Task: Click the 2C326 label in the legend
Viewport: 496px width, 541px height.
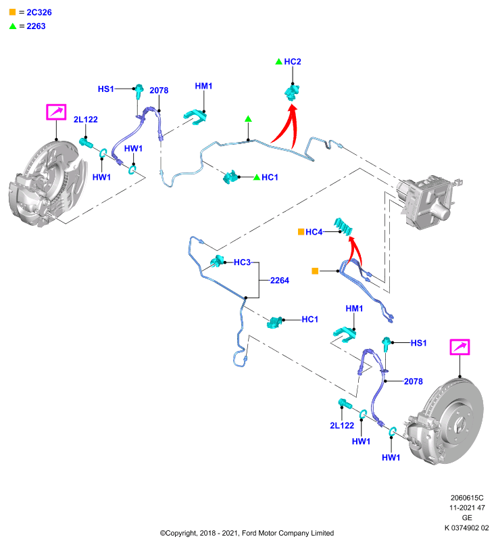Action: tap(39, 12)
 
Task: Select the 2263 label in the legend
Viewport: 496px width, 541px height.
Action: tap(36, 26)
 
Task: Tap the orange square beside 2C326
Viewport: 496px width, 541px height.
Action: tap(12, 12)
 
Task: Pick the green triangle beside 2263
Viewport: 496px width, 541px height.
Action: tap(13, 26)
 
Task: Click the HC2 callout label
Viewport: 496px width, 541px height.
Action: tap(293, 62)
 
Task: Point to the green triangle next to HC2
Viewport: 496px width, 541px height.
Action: tap(279, 62)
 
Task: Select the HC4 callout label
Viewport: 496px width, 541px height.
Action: tap(314, 232)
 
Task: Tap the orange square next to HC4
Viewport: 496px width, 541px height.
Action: tap(301, 231)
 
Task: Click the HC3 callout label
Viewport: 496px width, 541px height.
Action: tap(243, 262)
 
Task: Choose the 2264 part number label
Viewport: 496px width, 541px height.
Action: tap(280, 281)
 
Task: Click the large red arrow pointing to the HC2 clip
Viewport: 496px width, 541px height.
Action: tap(287, 126)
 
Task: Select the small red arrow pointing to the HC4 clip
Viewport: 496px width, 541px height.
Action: tap(355, 249)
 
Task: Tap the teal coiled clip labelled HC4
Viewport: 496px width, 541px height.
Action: tap(343, 227)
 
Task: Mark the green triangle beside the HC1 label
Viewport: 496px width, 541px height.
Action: tap(256, 177)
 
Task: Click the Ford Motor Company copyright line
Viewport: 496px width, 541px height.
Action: tap(247, 533)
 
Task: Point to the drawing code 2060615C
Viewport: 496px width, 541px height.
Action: tap(467, 498)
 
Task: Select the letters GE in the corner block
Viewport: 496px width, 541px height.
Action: tap(467, 518)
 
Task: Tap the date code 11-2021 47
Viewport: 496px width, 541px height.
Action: tap(467, 508)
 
